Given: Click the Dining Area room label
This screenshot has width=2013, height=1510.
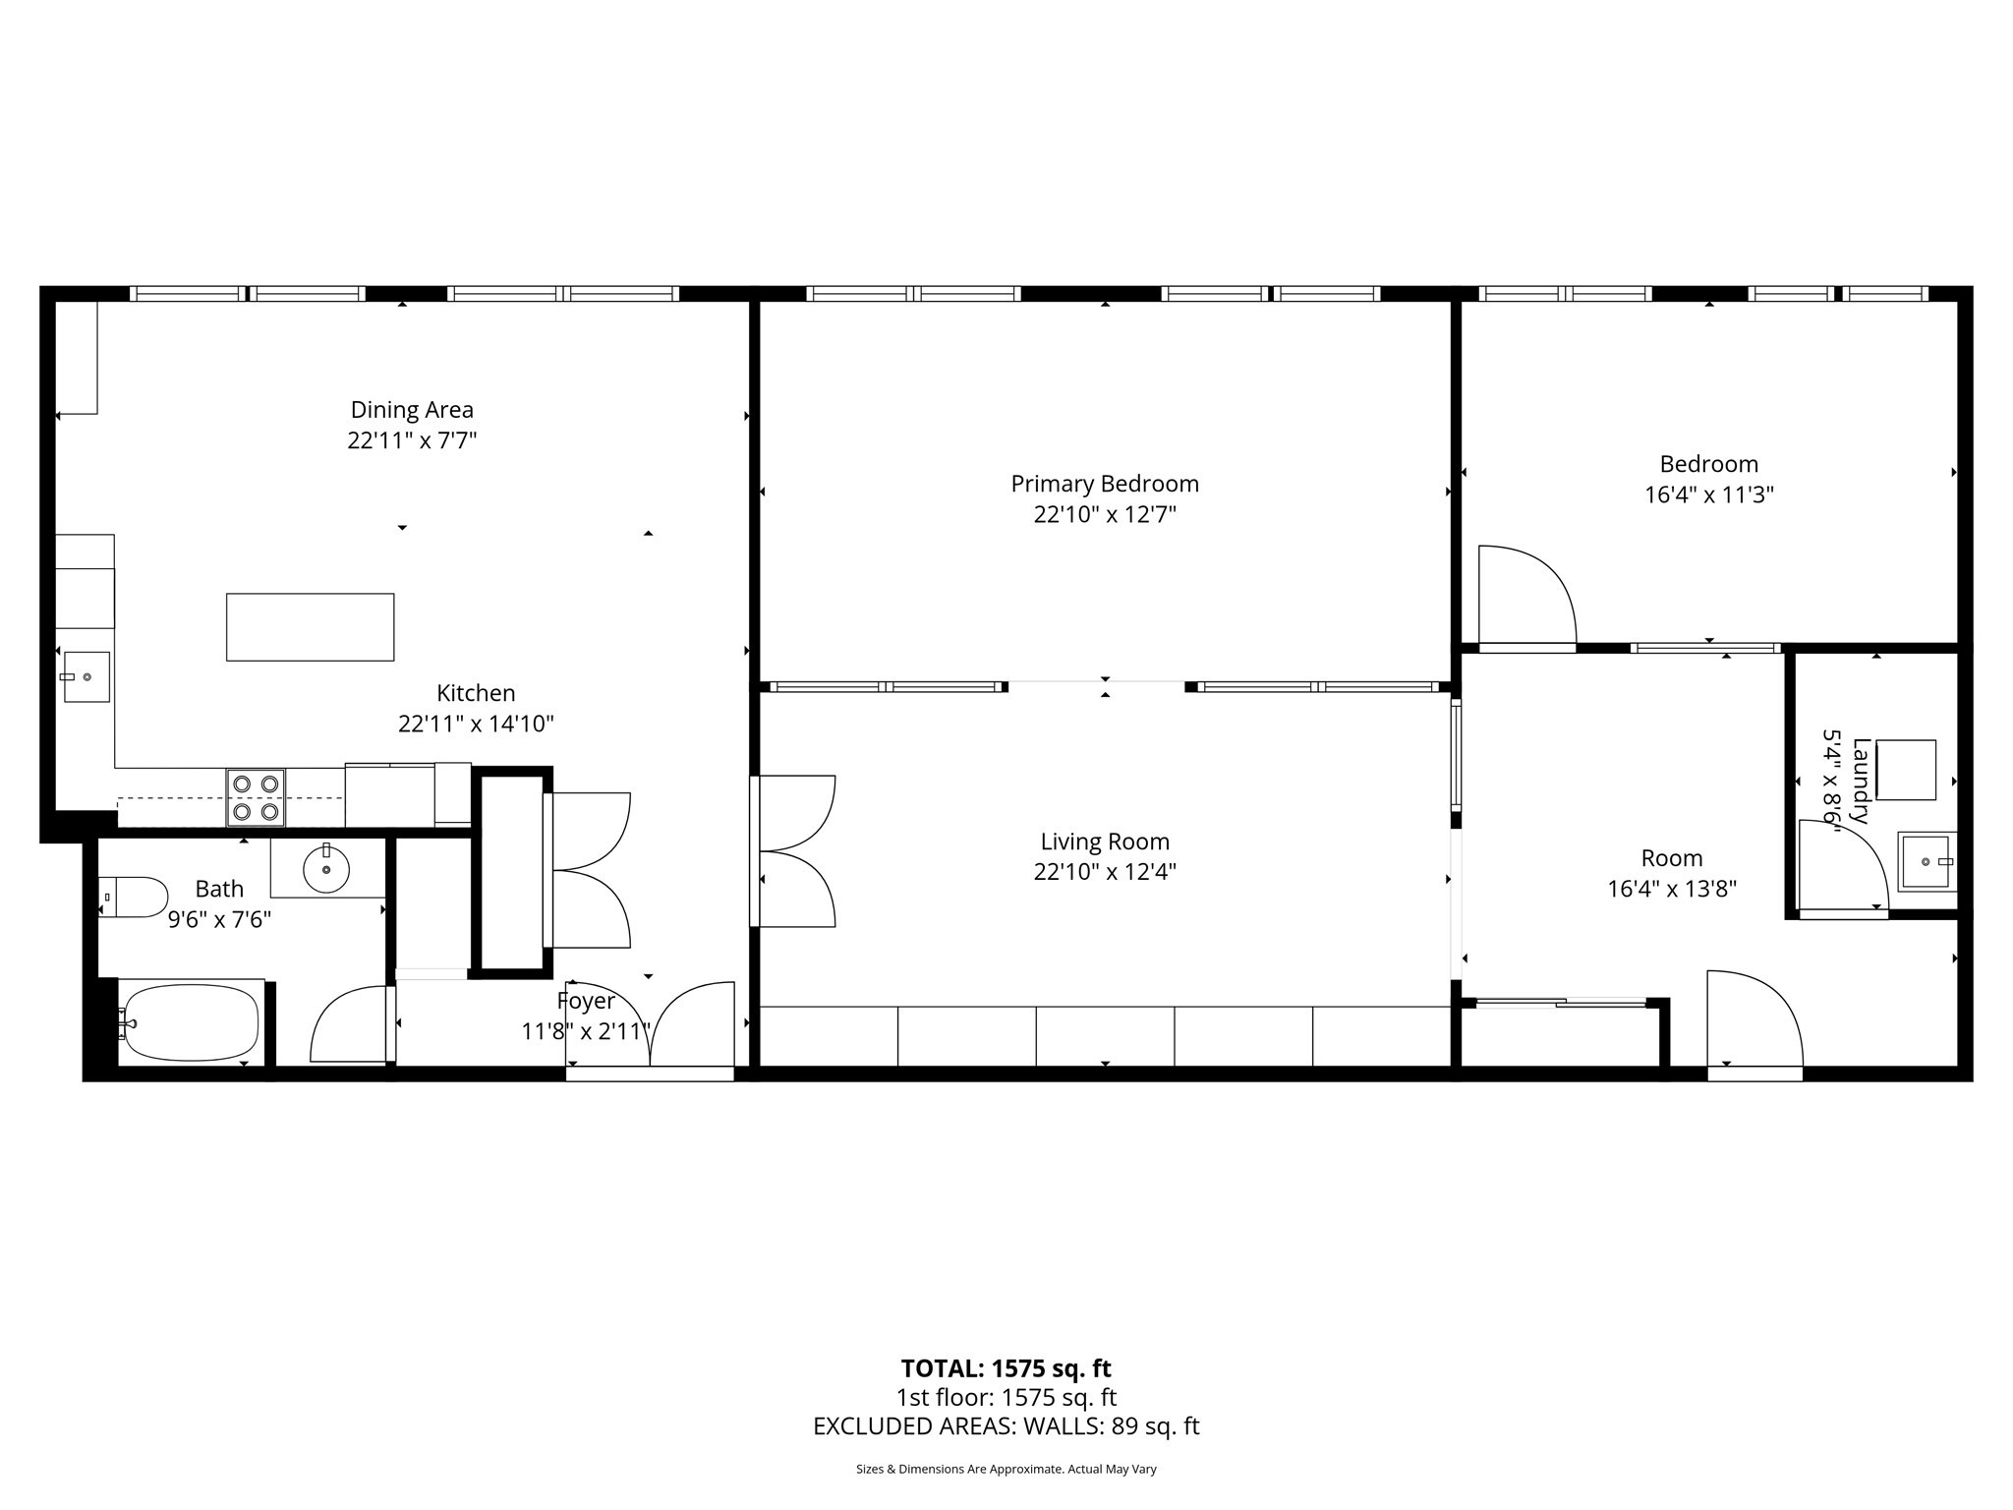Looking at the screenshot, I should (412, 410).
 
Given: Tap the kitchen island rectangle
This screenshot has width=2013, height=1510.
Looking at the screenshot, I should (310, 627).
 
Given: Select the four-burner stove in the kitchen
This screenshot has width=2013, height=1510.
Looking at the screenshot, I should (256, 798).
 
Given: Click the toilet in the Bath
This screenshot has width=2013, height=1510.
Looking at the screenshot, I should (136, 897).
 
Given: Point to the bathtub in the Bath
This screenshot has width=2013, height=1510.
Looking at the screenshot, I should (192, 1023).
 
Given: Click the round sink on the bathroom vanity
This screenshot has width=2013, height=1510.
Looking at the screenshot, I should (325, 868).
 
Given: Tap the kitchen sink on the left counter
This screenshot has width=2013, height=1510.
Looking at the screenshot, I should (86, 676).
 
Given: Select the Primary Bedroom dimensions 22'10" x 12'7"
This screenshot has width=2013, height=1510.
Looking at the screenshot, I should (1105, 514).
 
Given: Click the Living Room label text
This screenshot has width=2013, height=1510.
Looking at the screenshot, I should (1105, 842).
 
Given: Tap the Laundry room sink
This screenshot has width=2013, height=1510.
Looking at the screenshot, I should (1927, 861).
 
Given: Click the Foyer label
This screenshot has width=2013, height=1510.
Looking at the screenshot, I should (586, 1001).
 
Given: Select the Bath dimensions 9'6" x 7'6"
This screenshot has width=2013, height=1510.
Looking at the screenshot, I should (219, 919).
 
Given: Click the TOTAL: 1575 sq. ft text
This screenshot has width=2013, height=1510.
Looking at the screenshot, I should (1006, 1368).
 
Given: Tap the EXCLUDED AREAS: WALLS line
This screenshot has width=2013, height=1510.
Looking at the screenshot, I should (1006, 1426).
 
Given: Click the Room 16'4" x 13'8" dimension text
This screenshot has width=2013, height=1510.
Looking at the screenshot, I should (1671, 889).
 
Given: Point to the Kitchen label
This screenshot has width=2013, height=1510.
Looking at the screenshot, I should (476, 693).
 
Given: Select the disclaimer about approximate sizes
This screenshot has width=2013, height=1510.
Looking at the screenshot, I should (1006, 1470).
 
